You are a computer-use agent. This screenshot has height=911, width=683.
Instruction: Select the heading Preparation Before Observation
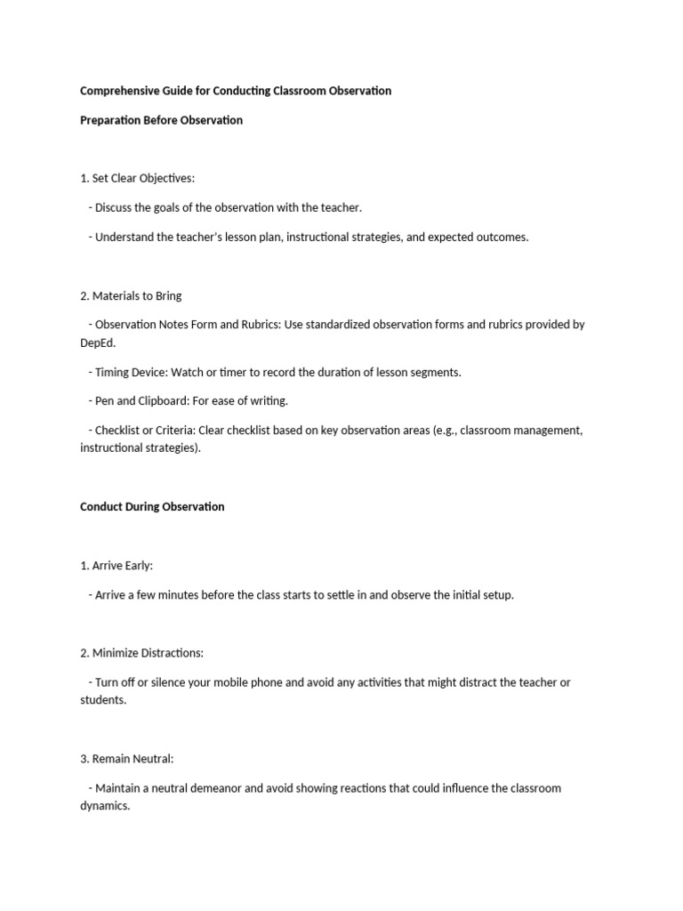(x=161, y=120)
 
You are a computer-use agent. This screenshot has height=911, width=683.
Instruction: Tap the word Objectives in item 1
(x=165, y=179)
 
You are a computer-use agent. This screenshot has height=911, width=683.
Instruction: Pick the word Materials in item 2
(x=117, y=295)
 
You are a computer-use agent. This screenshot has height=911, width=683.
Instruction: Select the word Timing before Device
(x=112, y=372)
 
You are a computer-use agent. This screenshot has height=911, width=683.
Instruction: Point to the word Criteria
(x=173, y=431)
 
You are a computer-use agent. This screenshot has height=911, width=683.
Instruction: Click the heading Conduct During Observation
(x=152, y=506)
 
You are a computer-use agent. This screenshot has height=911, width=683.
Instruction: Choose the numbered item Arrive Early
(x=123, y=565)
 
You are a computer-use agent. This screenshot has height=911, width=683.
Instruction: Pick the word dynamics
(x=104, y=806)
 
